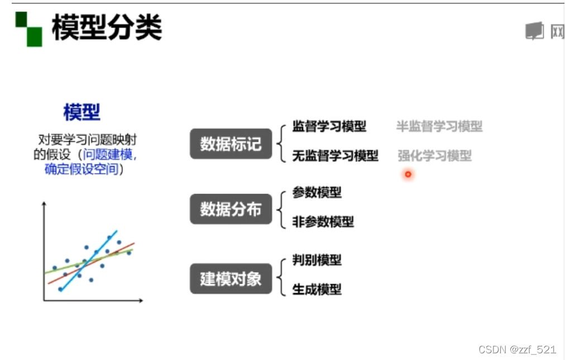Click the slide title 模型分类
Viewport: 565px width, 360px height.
107,28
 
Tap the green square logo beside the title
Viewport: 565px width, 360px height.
28,29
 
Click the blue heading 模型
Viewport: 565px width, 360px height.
82,113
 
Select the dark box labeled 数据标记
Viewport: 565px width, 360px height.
231,143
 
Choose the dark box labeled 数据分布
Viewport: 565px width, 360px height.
231,209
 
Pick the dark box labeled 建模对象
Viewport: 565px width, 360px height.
231,279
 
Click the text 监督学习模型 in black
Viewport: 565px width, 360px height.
329,127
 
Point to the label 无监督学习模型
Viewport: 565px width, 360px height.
335,156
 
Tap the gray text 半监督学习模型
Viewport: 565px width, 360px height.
439,127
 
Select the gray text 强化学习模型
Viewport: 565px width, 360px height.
434,156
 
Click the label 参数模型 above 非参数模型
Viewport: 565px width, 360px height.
317,193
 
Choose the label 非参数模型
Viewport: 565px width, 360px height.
323,222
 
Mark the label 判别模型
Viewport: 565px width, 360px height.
317,260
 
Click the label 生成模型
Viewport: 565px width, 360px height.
317,290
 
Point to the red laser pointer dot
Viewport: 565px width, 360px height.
408,175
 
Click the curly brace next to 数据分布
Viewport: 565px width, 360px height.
281,208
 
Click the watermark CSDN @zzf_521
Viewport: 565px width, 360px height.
517,349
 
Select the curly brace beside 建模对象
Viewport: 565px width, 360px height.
281,275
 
